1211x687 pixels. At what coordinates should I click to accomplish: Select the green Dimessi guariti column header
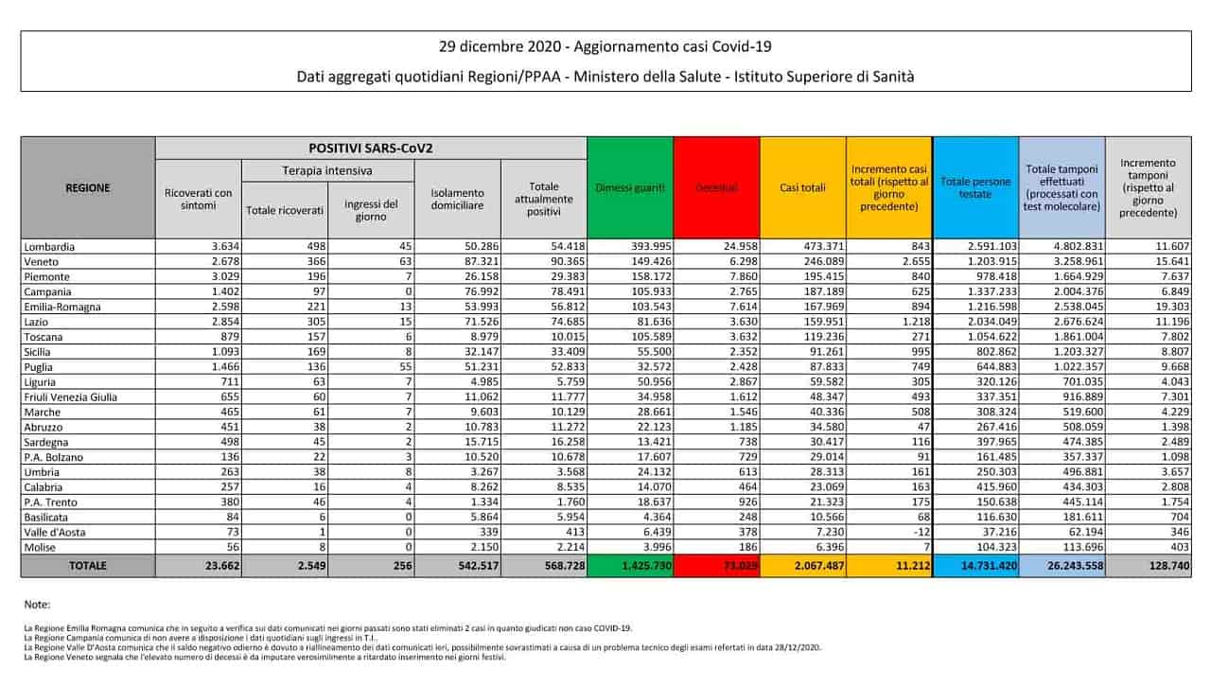[x=630, y=187]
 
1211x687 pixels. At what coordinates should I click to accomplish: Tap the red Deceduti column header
[x=716, y=187]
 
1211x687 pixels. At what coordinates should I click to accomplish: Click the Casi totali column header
[x=802, y=187]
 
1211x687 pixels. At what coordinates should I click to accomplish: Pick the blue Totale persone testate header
[x=974, y=187]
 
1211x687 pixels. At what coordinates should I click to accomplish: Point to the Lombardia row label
[x=51, y=247]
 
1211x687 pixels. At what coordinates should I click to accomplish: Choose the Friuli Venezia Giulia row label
[x=71, y=397]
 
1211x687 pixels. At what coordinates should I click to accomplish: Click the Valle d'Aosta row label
[x=57, y=533]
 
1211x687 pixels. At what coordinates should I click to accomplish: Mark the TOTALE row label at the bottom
[x=86, y=566]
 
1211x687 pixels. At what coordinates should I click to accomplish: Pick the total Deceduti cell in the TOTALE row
[x=716, y=566]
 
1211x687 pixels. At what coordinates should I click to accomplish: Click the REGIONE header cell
[x=87, y=187]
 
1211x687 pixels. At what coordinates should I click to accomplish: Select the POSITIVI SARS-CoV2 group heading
[x=370, y=149]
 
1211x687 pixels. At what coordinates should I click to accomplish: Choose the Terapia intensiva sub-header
[x=328, y=170]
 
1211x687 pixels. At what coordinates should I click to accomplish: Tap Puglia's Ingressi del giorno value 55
[x=389, y=367]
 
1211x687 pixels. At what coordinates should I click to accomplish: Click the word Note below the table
[x=38, y=605]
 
